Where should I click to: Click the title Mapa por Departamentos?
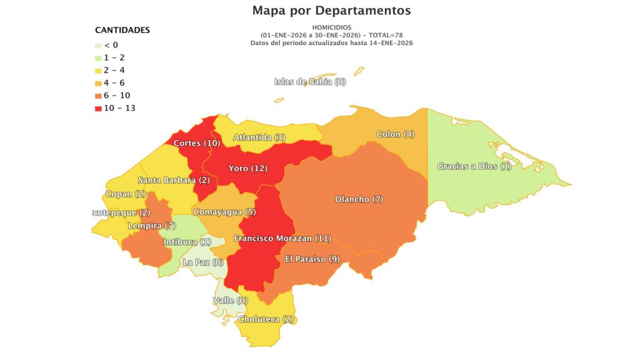point(332,11)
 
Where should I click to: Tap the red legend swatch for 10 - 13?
point(98,108)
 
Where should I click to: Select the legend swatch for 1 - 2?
point(98,57)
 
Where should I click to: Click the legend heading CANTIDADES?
point(122,30)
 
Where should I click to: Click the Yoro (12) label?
point(247,169)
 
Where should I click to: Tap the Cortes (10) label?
point(196,143)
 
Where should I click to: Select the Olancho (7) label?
point(359,199)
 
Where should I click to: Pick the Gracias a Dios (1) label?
point(474,166)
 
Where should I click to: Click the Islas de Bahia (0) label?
point(310,82)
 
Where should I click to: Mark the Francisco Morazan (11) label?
point(282,238)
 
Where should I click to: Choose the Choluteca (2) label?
point(266,319)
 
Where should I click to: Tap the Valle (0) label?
point(230,301)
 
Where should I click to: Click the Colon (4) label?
point(395,134)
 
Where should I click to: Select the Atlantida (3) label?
point(259,137)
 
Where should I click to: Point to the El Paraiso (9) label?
point(312,259)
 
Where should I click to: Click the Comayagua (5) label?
point(224,212)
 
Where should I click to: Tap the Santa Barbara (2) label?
point(173,181)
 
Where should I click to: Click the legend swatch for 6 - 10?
point(98,96)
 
